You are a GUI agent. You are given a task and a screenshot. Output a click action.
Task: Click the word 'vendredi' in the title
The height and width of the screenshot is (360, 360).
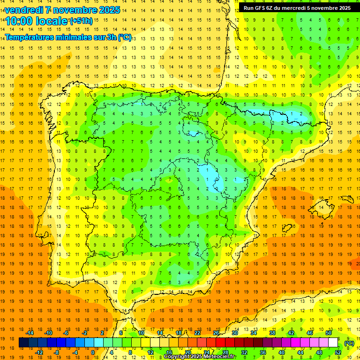click(22, 10)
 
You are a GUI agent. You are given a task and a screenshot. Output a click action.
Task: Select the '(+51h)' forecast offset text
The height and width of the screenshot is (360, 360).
click(81, 21)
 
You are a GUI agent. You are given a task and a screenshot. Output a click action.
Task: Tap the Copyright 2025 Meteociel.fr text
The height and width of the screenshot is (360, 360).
click(200, 357)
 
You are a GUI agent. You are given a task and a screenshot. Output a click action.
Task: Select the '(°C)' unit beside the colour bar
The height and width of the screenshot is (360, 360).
click(349, 343)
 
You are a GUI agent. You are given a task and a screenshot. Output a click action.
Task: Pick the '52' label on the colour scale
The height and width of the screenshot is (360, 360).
click(338, 352)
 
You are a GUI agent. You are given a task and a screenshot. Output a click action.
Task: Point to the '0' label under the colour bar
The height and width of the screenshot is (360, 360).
click(93, 352)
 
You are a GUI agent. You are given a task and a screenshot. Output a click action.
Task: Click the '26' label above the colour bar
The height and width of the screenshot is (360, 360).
click(216, 333)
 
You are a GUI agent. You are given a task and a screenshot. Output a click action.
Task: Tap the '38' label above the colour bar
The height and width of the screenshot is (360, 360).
click(272, 333)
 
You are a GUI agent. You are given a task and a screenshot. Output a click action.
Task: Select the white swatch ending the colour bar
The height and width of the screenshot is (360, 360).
click(333, 343)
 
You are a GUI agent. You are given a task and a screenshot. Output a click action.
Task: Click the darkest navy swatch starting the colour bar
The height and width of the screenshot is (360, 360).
click(24, 343)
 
